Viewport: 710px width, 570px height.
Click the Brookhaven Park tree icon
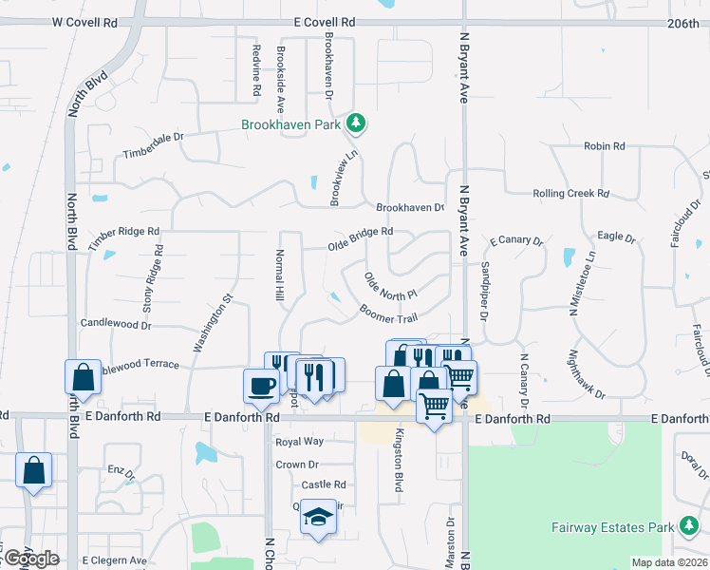(356, 123)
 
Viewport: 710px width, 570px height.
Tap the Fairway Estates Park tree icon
(687, 526)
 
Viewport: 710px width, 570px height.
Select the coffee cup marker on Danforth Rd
(260, 386)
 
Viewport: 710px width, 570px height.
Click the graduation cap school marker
(319, 516)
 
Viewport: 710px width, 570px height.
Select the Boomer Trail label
(388, 313)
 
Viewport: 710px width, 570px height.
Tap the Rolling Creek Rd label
(570, 193)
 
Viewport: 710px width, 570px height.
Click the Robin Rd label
(605, 146)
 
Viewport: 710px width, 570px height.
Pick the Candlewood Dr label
(117, 325)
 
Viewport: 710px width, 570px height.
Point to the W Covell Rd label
(84, 21)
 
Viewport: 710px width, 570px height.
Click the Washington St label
(214, 323)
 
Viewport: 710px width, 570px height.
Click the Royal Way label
(299, 442)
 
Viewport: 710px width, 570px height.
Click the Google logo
(31, 559)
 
